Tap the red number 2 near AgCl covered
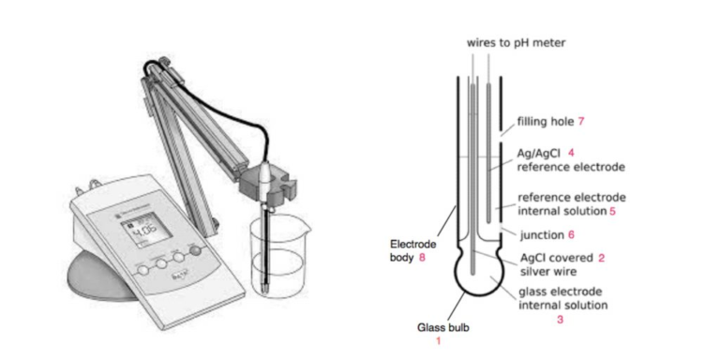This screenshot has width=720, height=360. coord(601,256)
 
